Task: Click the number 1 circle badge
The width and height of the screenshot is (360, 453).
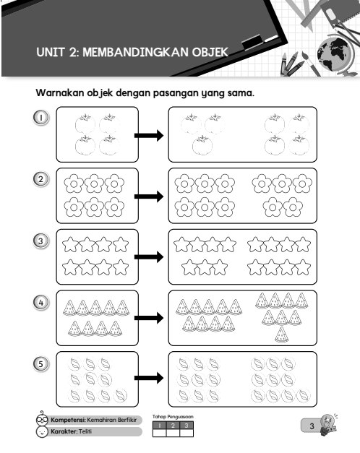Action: pyautogui.click(x=40, y=118)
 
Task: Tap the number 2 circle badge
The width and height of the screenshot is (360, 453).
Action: pyautogui.click(x=40, y=179)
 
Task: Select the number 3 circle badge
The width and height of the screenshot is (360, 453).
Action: pyautogui.click(x=40, y=241)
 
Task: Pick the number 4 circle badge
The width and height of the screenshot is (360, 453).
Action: pyautogui.click(x=40, y=303)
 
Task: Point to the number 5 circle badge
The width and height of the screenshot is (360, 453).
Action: pyautogui.click(x=40, y=363)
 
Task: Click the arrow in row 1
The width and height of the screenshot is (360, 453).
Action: pyautogui.click(x=149, y=136)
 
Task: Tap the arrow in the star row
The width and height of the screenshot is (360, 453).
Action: pyautogui.click(x=149, y=256)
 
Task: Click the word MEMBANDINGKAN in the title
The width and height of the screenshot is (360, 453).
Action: pyautogui.click(x=135, y=52)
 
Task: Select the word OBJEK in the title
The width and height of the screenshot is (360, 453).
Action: pyautogui.click(x=210, y=52)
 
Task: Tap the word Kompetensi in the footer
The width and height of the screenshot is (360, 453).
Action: pyautogui.click(x=68, y=420)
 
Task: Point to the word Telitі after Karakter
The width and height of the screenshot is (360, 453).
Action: pyautogui.click(x=85, y=431)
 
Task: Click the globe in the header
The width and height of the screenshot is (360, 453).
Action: pyautogui.click(x=334, y=54)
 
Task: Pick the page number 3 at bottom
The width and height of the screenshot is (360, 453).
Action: pyautogui.click(x=312, y=426)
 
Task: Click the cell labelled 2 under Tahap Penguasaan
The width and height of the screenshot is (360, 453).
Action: pyautogui.click(x=173, y=426)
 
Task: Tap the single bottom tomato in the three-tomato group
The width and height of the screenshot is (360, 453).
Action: pyautogui.click(x=202, y=145)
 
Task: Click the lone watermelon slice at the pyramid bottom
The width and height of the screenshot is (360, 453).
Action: pyautogui.click(x=281, y=335)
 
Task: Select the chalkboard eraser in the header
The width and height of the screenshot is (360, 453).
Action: pyautogui.click(x=252, y=42)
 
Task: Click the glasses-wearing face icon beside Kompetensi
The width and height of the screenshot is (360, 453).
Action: pyautogui.click(x=42, y=419)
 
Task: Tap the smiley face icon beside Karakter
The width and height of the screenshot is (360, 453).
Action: pyautogui.click(x=42, y=431)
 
